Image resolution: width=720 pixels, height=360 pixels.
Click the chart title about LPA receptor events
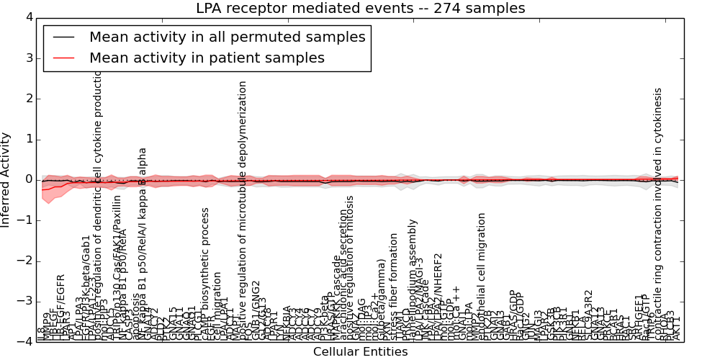(x=360, y=9)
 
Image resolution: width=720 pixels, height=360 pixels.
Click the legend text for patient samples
(x=207, y=58)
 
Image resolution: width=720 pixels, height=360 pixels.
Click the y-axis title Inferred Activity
(x=6, y=180)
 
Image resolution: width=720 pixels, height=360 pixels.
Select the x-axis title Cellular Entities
(x=360, y=351)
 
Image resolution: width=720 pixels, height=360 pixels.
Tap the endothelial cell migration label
(x=482, y=274)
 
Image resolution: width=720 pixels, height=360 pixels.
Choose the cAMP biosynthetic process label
(x=205, y=266)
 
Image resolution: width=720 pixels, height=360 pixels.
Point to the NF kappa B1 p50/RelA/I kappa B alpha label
(x=143, y=238)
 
